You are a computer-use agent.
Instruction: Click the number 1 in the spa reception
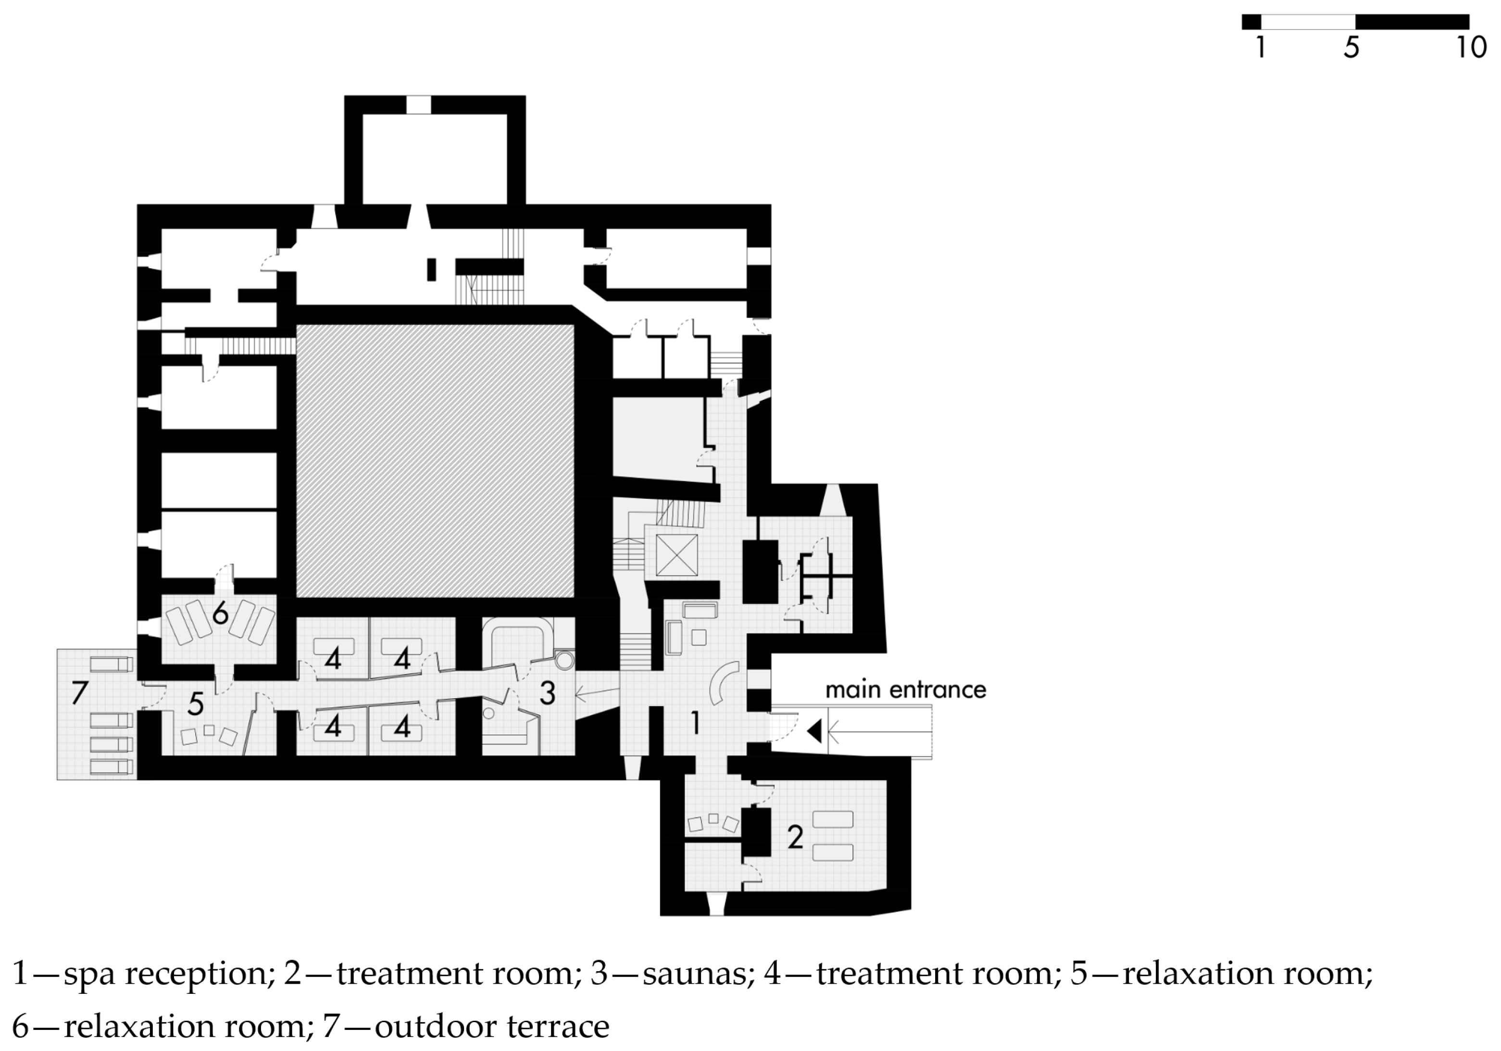tap(696, 723)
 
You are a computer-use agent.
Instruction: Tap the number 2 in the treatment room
tap(795, 837)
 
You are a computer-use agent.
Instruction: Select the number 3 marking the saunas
tap(547, 693)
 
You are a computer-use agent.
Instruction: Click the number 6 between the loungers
tap(220, 614)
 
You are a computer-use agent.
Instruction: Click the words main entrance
tap(905, 690)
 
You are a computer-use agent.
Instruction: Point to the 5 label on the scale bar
tap(1351, 48)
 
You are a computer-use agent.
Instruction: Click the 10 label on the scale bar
tap(1471, 48)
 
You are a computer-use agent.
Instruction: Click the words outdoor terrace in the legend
tap(492, 1026)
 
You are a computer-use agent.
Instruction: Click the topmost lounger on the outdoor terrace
tap(111, 665)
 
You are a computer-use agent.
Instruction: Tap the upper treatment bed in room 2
tap(832, 819)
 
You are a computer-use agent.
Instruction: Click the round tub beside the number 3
tap(564, 660)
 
